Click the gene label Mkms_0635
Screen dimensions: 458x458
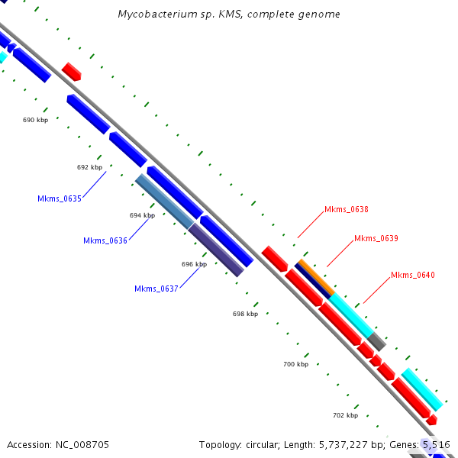(60, 198)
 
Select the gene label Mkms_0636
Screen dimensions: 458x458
(105, 241)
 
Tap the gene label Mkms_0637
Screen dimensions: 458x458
(156, 289)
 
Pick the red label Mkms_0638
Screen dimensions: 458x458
(347, 209)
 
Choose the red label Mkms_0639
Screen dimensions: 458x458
(376, 238)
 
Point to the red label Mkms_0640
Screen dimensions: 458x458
(413, 275)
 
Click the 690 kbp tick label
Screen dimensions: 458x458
(35, 121)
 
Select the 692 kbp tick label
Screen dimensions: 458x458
(89, 167)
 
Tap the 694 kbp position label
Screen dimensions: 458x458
(142, 215)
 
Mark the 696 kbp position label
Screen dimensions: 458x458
(194, 264)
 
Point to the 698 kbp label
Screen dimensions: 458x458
(245, 314)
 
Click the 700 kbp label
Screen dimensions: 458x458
(295, 364)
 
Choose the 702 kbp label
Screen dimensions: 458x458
(345, 415)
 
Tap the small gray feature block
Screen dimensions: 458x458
(376, 341)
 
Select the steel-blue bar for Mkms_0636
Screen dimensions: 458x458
(164, 201)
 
